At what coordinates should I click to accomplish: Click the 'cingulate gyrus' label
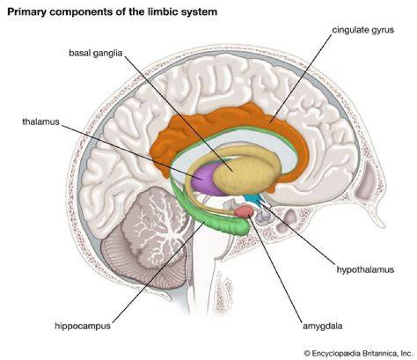pos(363,30)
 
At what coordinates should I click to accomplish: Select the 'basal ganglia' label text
pos(96,53)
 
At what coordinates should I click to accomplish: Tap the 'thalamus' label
pos(41,122)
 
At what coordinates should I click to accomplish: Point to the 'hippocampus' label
pos(82,326)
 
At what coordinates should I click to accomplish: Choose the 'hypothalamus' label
pos(365,270)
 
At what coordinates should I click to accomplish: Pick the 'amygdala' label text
pos(323,326)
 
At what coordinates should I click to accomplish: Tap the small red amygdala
pos(244,211)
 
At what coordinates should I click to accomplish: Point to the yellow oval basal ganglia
pos(247,175)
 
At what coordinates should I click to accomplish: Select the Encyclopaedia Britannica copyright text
pos(358,354)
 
